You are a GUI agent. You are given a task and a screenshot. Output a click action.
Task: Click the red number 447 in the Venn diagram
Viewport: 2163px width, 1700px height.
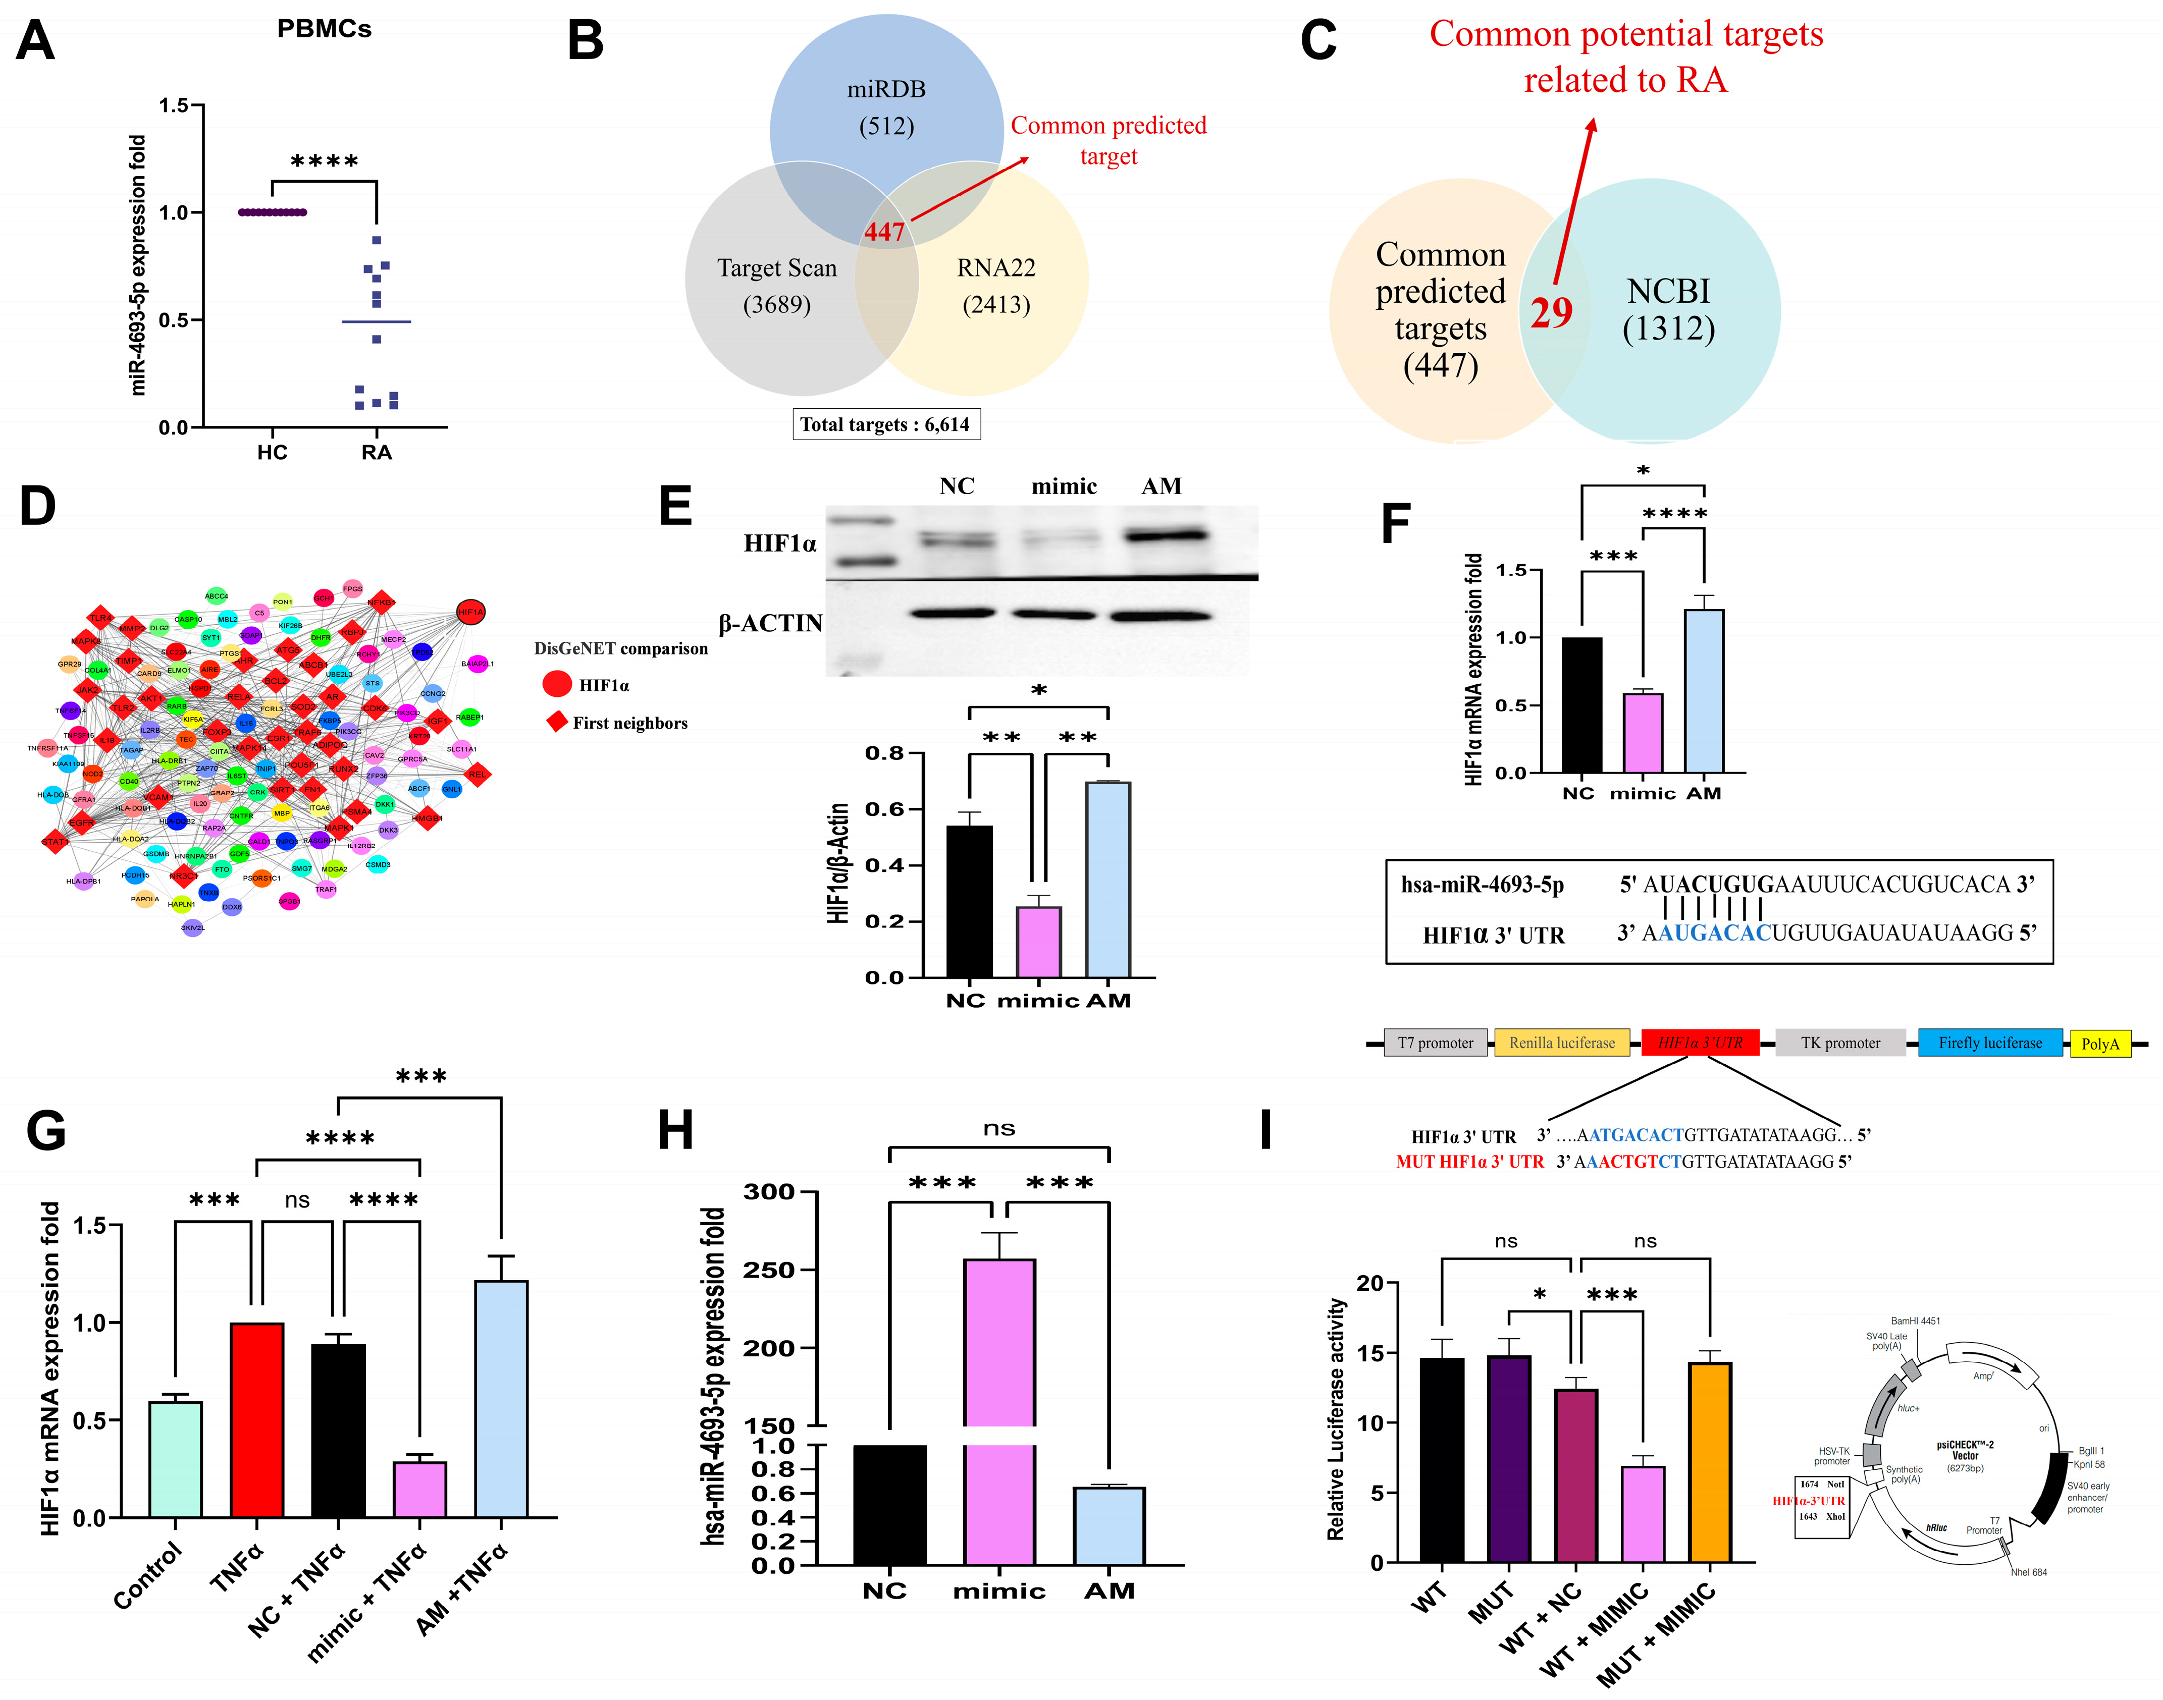coord(884,232)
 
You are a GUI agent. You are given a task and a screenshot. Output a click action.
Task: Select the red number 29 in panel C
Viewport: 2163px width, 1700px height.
coord(1551,312)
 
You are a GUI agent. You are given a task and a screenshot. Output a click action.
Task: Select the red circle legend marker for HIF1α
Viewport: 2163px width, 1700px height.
coord(556,685)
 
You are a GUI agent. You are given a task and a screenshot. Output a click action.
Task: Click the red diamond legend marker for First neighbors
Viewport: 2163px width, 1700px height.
coord(556,722)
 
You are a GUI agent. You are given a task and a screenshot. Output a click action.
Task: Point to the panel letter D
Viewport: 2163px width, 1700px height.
coord(38,506)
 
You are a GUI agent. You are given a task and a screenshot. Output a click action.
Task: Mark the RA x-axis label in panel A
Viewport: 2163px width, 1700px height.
coord(376,453)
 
